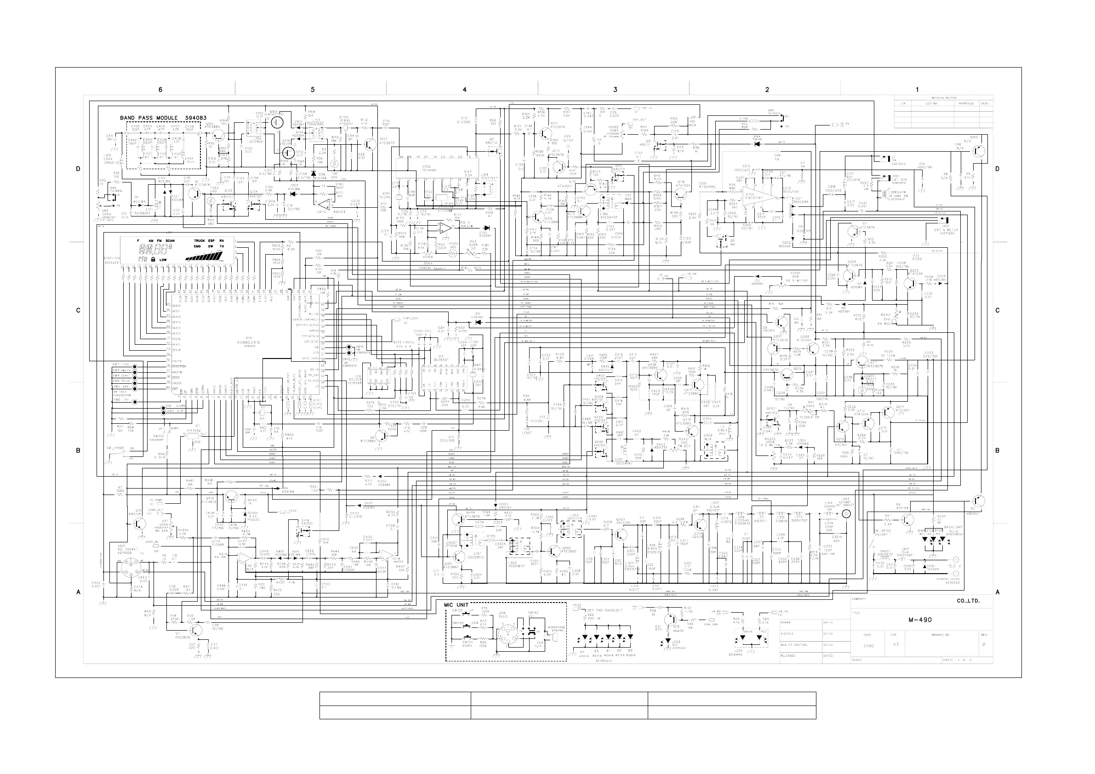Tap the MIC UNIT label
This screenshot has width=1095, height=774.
coord(456,605)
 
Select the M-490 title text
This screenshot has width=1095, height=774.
coord(920,620)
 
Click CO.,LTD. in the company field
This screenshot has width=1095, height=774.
coord(968,601)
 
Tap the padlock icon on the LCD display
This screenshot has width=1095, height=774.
coord(153,259)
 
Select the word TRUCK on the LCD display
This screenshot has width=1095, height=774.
coord(199,241)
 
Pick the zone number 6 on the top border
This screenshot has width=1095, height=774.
coord(160,90)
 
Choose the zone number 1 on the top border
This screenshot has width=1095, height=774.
coord(917,90)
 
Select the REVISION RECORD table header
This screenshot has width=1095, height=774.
coord(943,98)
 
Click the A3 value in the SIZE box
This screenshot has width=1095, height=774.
coord(895,644)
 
